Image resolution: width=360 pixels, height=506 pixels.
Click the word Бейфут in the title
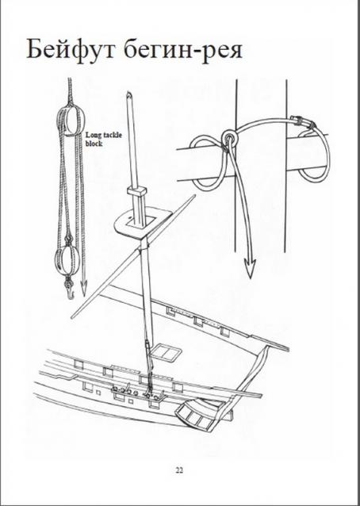tap(71, 49)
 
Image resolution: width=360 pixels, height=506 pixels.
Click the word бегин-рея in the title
tap(183, 50)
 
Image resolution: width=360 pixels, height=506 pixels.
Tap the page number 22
tap(179, 470)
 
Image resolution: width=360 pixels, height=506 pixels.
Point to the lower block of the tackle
tap(67, 262)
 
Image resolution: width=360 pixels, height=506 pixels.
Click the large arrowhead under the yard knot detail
tap(249, 267)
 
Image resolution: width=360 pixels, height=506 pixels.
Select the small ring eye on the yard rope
tap(229, 136)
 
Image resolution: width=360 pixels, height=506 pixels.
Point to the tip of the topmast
tap(129, 94)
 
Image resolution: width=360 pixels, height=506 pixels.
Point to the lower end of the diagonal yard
tap(72, 317)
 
